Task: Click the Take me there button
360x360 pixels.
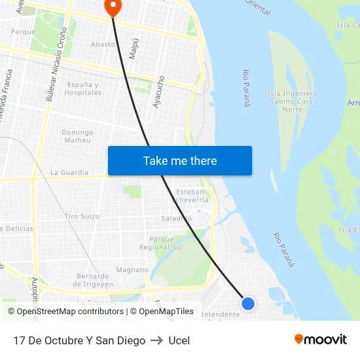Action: [x=180, y=161]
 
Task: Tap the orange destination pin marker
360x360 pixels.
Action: [x=113, y=7]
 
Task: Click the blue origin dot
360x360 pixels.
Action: [x=248, y=303]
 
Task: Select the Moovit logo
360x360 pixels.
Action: [x=320, y=340]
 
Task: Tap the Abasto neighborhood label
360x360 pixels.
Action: [x=102, y=45]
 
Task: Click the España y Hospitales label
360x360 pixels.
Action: [x=83, y=89]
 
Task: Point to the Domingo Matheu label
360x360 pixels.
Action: [x=77, y=136]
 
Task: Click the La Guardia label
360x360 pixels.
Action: [x=69, y=173]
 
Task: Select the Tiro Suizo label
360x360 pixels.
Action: [x=82, y=216]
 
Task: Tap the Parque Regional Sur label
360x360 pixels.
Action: [x=162, y=243]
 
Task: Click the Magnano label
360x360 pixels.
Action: [x=132, y=270]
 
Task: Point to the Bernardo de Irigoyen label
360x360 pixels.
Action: [x=93, y=280]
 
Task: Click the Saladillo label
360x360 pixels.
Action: [x=177, y=218]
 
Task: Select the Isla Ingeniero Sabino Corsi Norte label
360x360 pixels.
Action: [x=293, y=101]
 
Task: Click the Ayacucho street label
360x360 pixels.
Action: [x=157, y=92]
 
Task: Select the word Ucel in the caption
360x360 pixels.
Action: [x=179, y=340]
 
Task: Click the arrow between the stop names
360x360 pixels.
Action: [x=156, y=340]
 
